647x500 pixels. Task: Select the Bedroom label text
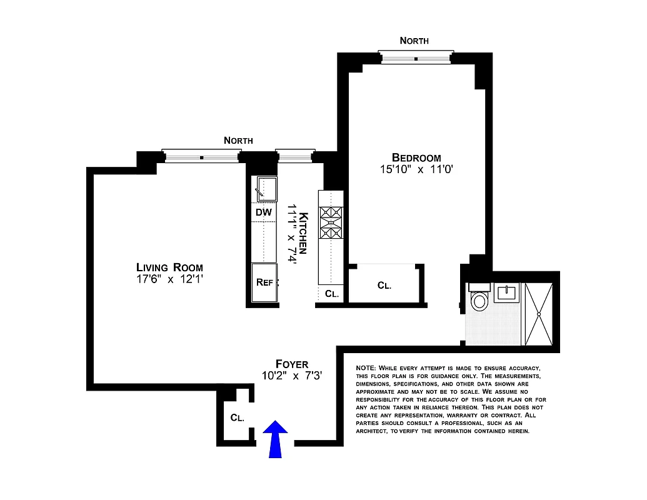416,157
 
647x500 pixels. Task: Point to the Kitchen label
303,232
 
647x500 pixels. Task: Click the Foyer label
292,364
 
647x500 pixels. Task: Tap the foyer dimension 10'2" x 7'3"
293,376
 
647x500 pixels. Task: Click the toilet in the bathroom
479,300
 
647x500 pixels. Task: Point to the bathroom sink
507,292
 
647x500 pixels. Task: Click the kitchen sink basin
265,188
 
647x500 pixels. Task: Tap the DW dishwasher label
264,212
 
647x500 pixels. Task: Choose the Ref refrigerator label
264,282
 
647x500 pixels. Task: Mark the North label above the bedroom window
414,41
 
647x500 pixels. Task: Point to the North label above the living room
238,141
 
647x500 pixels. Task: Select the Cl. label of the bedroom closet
384,286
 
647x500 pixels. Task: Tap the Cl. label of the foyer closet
237,417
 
